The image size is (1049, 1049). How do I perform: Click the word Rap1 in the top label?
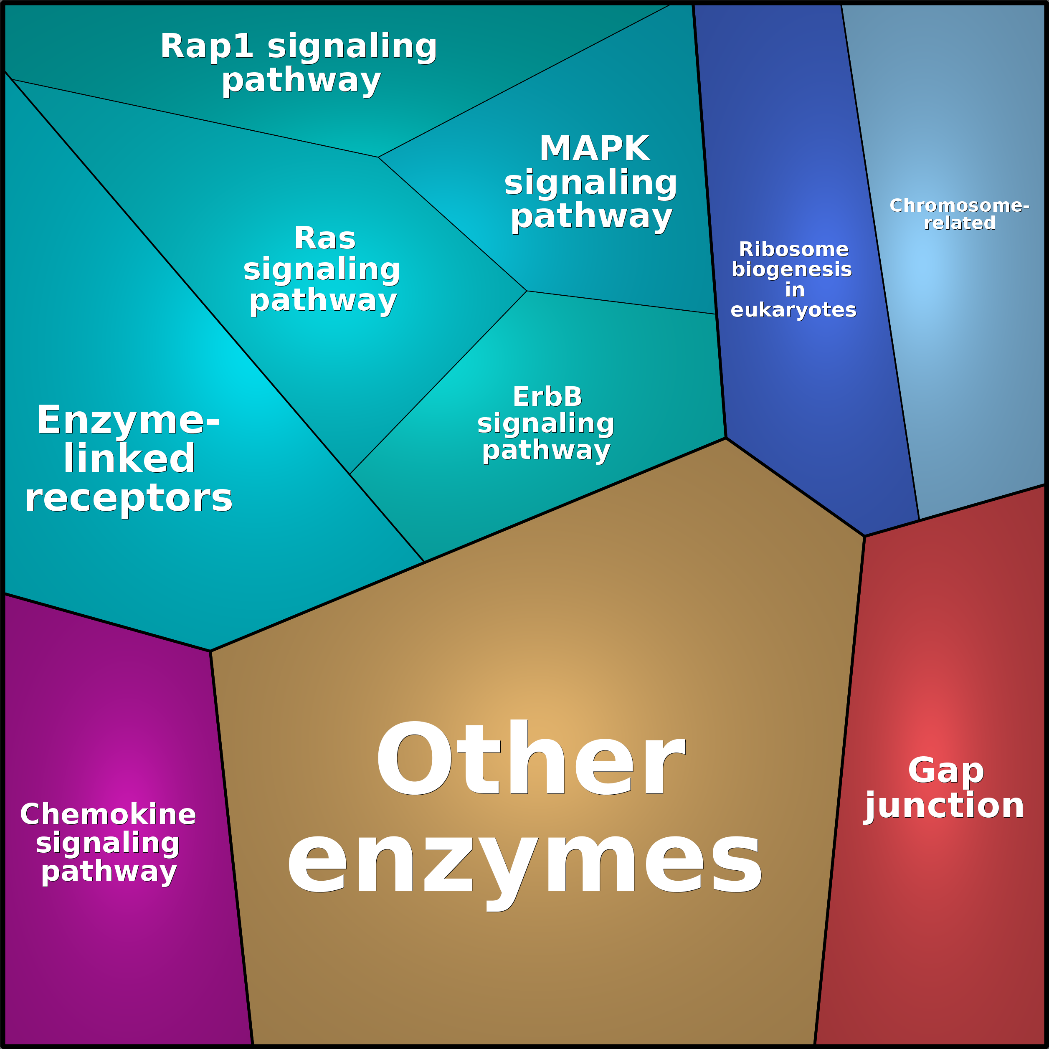pyautogui.click(x=206, y=47)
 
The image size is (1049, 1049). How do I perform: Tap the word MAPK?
pyautogui.click(x=595, y=148)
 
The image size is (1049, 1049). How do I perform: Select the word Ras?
pyautogui.click(x=325, y=238)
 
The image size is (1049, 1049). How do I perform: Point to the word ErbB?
pyautogui.click(x=547, y=397)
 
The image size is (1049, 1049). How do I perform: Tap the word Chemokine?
pyautogui.click(x=108, y=814)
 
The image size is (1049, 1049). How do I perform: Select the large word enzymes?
pyautogui.click(x=524, y=863)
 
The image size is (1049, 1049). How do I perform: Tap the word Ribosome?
pyautogui.click(x=793, y=249)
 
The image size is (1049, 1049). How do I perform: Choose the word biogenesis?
pyautogui.click(x=792, y=269)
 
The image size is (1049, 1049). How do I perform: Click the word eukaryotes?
pyautogui.click(x=793, y=309)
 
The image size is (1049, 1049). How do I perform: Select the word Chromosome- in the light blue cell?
pyautogui.click(x=959, y=205)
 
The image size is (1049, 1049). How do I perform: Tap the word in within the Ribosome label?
pyautogui.click(x=794, y=289)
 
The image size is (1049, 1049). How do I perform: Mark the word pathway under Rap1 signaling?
pyautogui.click(x=302, y=81)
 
